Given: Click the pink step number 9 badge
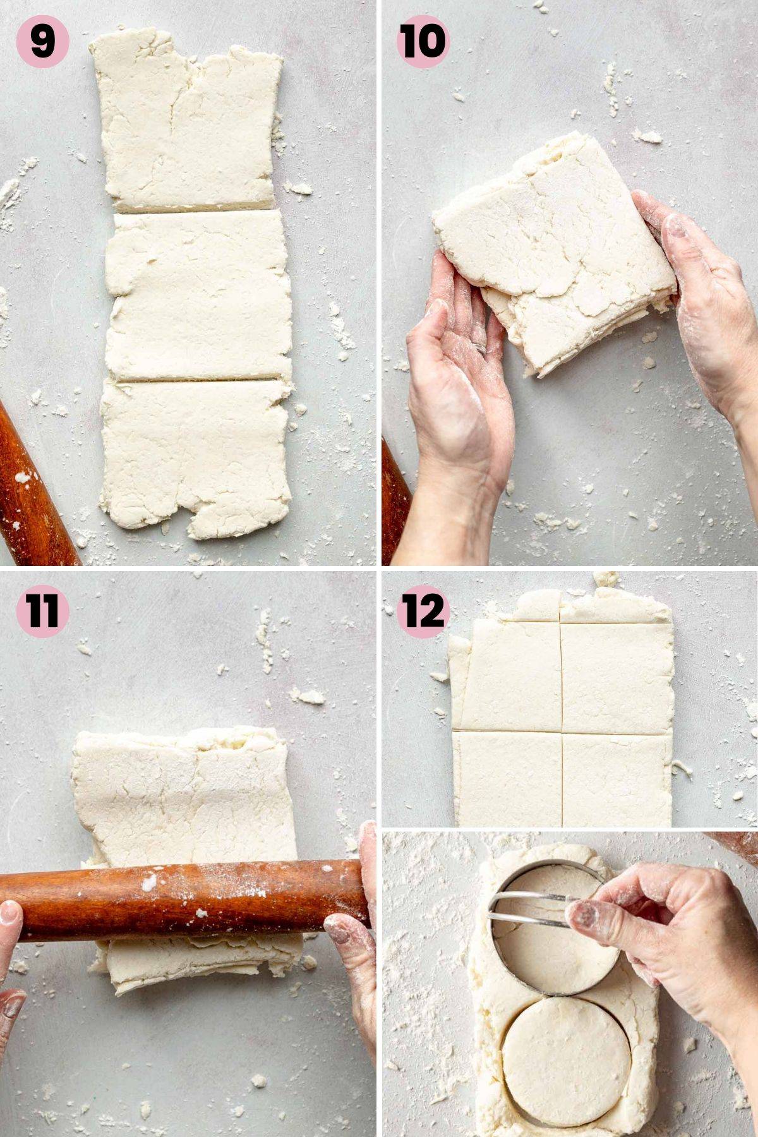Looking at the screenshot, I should click(42, 41).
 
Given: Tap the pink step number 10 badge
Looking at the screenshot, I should click(423, 41).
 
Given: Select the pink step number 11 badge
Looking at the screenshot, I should click(42, 611).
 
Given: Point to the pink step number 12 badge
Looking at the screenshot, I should click(423, 611).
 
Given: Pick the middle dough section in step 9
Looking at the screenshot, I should click(196, 294).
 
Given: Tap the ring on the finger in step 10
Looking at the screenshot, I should click(481, 347).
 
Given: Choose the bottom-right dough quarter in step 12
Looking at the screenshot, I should click(616, 780).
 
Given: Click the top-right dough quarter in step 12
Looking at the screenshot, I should click(616, 676).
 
